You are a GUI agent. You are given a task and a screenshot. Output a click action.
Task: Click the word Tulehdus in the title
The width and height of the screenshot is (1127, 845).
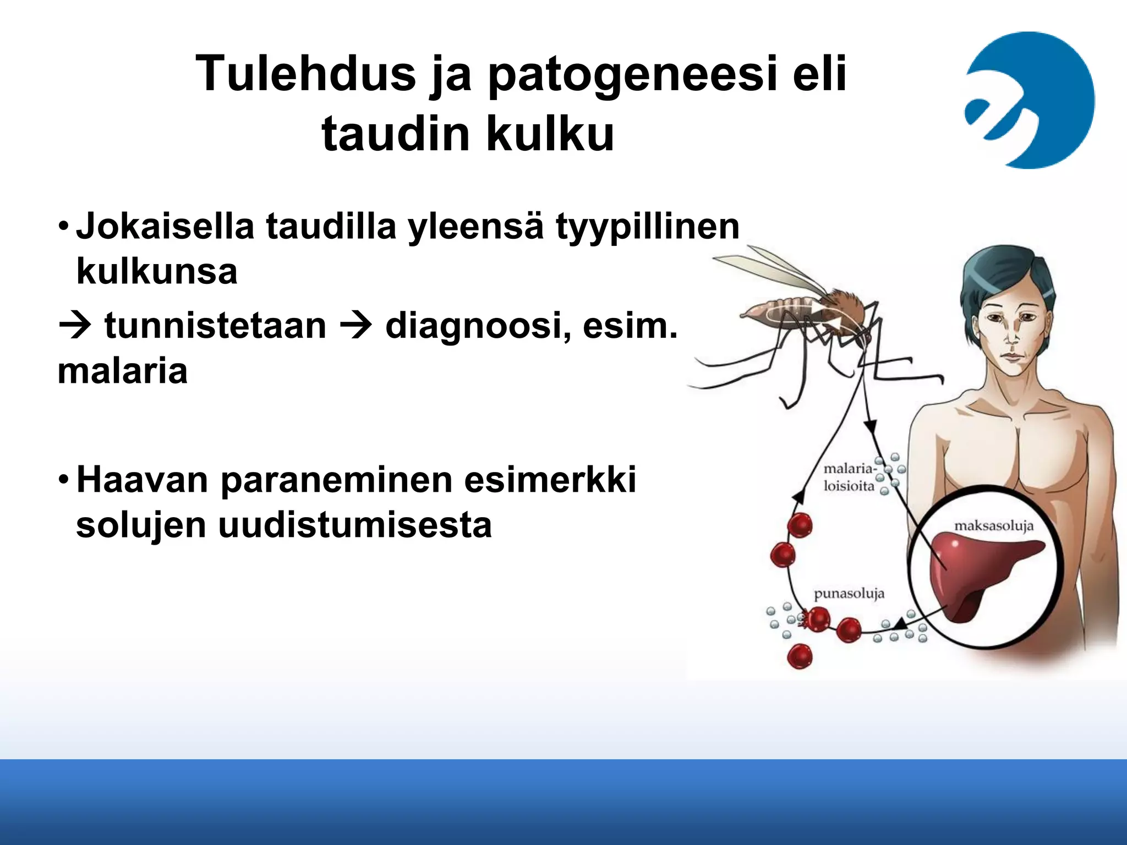(x=305, y=74)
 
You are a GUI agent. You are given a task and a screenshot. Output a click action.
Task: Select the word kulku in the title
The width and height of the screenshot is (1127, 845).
(x=550, y=134)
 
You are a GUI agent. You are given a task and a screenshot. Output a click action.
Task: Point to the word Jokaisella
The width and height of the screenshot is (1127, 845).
(x=165, y=227)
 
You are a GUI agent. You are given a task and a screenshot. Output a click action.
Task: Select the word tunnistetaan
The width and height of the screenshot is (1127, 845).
(x=215, y=326)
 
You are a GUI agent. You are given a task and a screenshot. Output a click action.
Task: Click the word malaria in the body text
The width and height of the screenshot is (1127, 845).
(x=122, y=371)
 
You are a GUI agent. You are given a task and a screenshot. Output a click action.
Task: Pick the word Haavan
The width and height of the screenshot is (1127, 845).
(x=142, y=480)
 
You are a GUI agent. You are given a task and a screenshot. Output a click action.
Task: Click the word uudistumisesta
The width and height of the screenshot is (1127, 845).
(x=354, y=525)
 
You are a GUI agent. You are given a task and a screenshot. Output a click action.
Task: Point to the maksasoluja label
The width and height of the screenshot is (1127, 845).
(x=993, y=526)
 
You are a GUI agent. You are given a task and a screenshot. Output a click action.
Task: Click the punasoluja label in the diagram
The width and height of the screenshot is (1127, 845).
(x=849, y=594)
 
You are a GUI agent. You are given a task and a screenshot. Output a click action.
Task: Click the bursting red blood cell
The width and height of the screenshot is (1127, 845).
(x=816, y=619)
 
